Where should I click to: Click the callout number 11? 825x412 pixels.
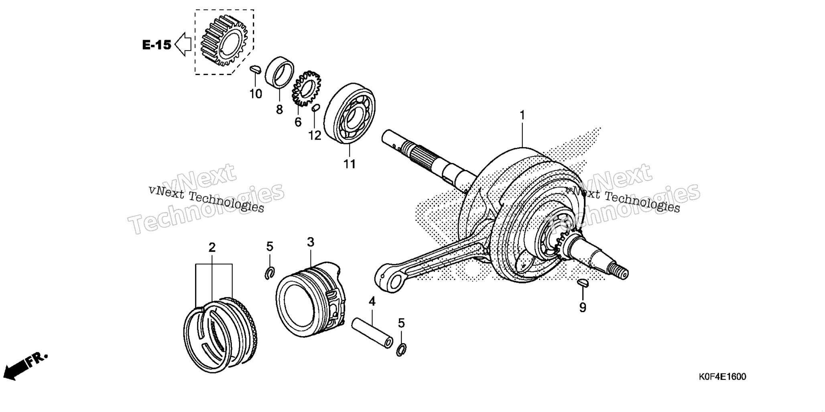(349, 164)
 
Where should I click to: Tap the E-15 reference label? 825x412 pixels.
(156, 45)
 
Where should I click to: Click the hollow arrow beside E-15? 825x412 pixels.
(183, 44)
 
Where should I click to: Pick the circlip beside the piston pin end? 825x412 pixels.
(401, 349)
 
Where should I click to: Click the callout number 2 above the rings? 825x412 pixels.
(212, 248)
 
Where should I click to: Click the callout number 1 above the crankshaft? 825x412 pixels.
(522, 115)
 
